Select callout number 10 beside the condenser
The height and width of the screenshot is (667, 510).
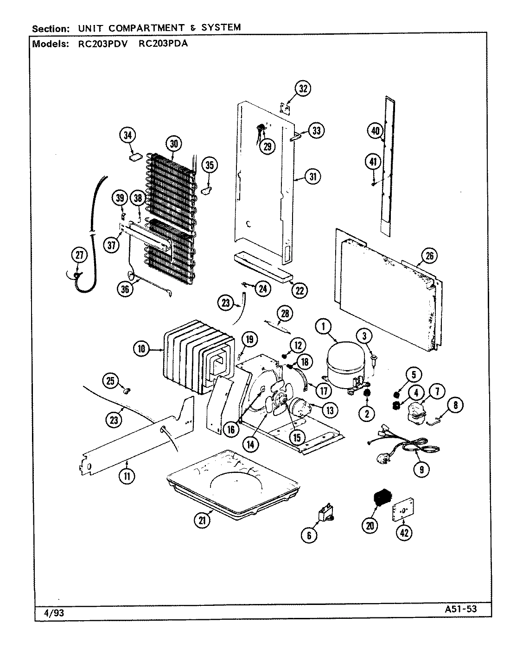[x=141, y=349]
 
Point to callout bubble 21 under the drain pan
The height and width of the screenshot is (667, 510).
[x=202, y=520]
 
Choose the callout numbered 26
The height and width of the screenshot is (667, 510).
[x=429, y=255]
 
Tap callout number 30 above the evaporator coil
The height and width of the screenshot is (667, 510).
[x=173, y=144]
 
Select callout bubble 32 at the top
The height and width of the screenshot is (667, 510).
[x=303, y=88]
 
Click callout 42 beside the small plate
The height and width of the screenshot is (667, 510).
[x=404, y=534]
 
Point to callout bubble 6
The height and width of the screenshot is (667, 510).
[x=309, y=535]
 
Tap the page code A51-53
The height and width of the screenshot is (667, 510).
[x=457, y=609]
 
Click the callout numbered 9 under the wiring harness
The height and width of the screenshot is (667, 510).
[x=421, y=470]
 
